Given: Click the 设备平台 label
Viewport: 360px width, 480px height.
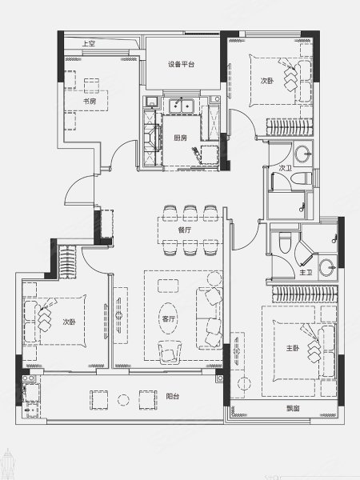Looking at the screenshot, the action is pos(181,64).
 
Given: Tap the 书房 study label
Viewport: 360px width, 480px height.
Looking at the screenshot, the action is pos(90,101).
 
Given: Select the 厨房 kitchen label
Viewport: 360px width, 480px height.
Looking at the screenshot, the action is pos(180,138).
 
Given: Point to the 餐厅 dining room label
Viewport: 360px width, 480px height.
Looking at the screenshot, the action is pos(185,230).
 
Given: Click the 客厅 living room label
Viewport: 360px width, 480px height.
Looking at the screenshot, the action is pos(168,319).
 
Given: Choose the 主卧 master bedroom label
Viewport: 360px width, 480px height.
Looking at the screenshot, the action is pos(293,348).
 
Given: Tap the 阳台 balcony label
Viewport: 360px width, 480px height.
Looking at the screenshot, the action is pos(172,397).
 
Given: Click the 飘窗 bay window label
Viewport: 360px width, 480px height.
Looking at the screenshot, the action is pos(293,408).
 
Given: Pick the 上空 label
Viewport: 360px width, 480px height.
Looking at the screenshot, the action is pos(89,43).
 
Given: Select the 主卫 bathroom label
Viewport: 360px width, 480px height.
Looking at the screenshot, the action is pos(306,272).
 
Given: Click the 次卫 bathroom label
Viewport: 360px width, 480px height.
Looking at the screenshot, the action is pos(286,168).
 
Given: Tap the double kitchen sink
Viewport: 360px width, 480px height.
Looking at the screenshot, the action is pos(182,106).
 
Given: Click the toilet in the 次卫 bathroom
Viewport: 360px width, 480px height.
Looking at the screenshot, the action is pos(302,178).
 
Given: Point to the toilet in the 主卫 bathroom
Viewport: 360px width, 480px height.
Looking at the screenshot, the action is pos(285,242).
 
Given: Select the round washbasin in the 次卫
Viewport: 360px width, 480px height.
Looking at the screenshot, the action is pos(303,154).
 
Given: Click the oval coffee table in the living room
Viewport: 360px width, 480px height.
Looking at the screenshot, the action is pos(168,318).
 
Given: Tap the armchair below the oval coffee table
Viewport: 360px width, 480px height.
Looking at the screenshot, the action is pos(170,352).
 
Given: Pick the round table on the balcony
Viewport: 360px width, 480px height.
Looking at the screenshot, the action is pos(123,400).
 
